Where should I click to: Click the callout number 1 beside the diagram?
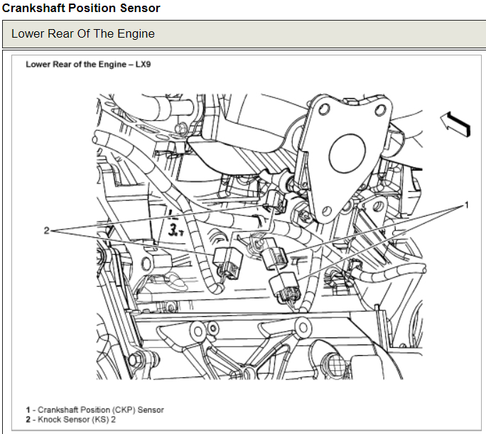467,206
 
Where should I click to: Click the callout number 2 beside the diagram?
46,231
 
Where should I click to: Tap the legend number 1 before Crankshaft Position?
28,410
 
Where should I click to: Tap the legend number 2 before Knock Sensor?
28,418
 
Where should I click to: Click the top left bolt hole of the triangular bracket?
324,109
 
